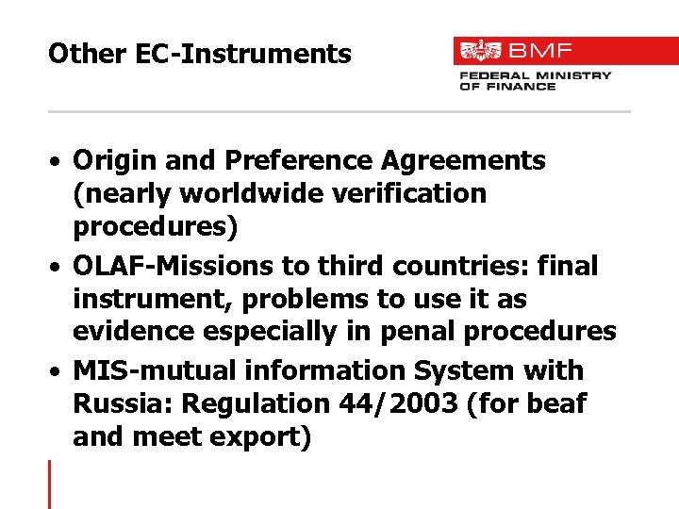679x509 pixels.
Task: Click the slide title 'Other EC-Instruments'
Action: pos(199,54)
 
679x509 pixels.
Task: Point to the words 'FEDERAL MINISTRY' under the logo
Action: pos(535,75)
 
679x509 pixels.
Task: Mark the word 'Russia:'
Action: pos(123,404)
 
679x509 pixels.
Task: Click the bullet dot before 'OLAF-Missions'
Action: pos(58,268)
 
